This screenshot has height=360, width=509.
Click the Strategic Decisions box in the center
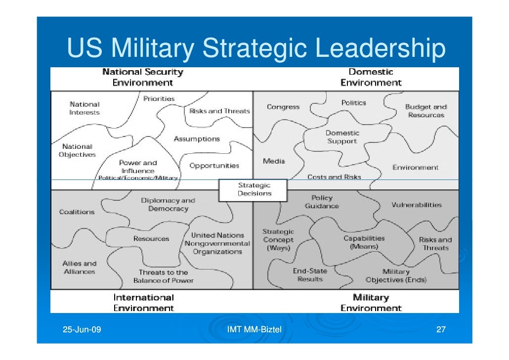[254, 189]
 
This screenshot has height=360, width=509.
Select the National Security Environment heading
[142, 78]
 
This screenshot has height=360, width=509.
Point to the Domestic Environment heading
[371, 78]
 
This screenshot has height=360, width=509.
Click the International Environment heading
[144, 303]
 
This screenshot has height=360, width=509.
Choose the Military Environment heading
[371, 303]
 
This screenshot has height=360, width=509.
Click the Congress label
[283, 107]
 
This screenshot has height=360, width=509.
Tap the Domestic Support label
[341, 137]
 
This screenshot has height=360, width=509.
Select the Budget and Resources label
[425, 111]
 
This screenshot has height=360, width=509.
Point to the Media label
[273, 161]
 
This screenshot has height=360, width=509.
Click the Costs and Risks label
[334, 177]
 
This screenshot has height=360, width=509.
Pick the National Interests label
[85, 108]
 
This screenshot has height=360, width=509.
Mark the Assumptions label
[197, 139]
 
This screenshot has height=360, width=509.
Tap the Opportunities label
[214, 166]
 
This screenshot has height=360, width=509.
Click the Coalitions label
[77, 212]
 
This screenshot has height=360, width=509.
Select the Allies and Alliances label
[80, 268]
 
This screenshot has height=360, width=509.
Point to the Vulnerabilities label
[416, 205]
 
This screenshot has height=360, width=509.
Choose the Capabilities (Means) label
[364, 242]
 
